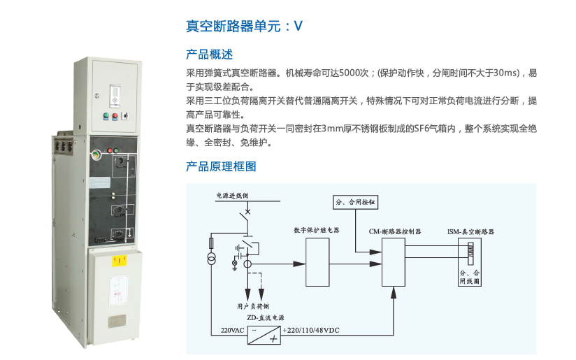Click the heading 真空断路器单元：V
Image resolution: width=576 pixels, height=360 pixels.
point(244,26)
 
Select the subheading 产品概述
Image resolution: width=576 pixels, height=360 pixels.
point(209,54)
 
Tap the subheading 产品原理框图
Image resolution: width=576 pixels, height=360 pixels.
point(221,166)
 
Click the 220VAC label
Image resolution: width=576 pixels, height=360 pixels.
point(233,330)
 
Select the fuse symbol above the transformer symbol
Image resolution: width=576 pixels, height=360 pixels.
point(212,244)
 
